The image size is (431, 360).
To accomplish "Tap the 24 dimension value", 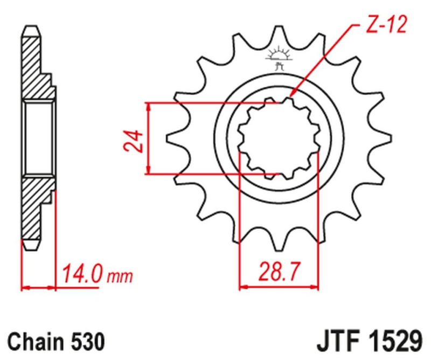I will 137,141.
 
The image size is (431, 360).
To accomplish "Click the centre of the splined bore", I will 279,139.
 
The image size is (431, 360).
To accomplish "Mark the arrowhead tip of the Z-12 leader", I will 290,98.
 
